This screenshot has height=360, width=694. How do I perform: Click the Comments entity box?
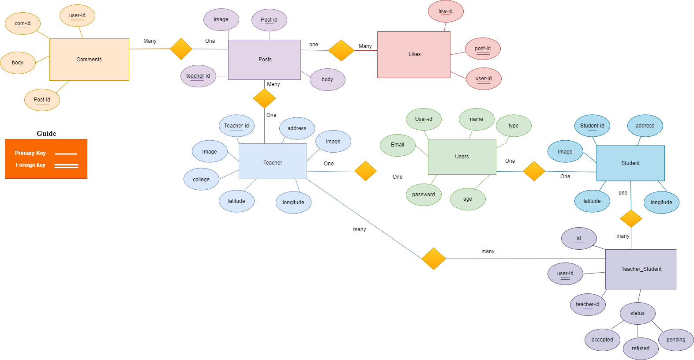pyautogui.click(x=89, y=60)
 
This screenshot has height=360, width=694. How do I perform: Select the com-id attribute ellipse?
pyautogui.click(x=23, y=23)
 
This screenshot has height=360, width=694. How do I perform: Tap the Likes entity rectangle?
pyautogui.click(x=414, y=54)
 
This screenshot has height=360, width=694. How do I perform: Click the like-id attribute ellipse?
pyautogui.click(x=446, y=11)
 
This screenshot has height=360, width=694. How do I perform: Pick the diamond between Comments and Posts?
pyautogui.click(x=181, y=49)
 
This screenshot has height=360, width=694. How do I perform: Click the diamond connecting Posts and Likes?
pyautogui.click(x=341, y=50)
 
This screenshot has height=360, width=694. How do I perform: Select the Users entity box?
pyautogui.click(x=462, y=157)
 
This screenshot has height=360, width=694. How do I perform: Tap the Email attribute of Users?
pyautogui.click(x=398, y=145)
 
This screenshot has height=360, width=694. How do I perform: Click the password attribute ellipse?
pyautogui.click(x=424, y=195)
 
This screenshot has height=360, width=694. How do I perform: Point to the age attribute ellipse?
pyautogui.click(x=468, y=199)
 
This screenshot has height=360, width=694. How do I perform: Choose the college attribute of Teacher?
pyautogui.click(x=201, y=180)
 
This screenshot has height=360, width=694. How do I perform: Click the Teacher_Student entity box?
pyautogui.click(x=641, y=269)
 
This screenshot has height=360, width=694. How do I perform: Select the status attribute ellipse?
pyautogui.click(x=637, y=313)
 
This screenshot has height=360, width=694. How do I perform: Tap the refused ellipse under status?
pyautogui.click(x=641, y=349)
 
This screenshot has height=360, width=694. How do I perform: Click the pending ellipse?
pyautogui.click(x=676, y=340)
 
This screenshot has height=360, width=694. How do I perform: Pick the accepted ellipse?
pyautogui.click(x=602, y=340)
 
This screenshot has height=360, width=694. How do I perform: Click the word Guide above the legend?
pyautogui.click(x=46, y=134)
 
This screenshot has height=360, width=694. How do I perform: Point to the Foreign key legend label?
pyautogui.click(x=30, y=165)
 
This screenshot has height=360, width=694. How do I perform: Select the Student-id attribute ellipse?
pyautogui.click(x=592, y=126)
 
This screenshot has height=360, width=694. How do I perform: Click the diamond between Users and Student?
pyautogui.click(x=534, y=171)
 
